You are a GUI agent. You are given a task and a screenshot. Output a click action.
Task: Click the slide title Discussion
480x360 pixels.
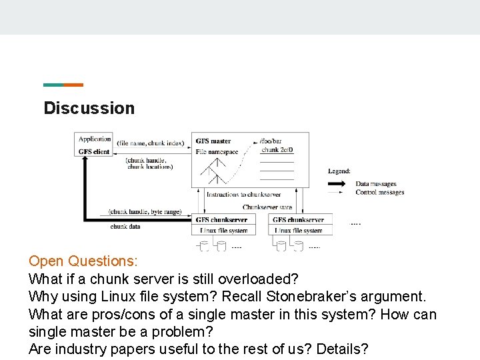click(89, 108)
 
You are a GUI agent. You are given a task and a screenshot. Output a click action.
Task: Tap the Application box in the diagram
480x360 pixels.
click(95, 139)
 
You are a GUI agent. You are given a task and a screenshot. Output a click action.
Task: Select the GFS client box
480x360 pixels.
click(94, 151)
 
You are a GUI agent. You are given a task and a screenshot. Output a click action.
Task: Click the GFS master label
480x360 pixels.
click(213, 141)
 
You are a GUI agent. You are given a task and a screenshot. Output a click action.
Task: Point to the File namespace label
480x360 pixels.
click(217, 152)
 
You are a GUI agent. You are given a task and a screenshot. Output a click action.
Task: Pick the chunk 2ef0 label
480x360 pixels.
click(277, 150)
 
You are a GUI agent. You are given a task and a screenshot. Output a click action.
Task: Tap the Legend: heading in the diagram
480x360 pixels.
click(339, 171)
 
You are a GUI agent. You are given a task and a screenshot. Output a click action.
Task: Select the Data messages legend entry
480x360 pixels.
click(375, 184)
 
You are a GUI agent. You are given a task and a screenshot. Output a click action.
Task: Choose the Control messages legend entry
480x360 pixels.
click(379, 192)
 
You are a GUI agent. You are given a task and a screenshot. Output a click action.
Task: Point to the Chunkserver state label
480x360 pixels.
click(267, 207)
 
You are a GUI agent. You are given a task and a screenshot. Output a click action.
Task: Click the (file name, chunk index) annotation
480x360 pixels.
click(150, 143)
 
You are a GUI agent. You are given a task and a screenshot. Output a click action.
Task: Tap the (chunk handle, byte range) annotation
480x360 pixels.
click(145, 212)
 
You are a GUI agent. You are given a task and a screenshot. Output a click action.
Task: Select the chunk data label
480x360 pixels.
click(125, 227)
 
